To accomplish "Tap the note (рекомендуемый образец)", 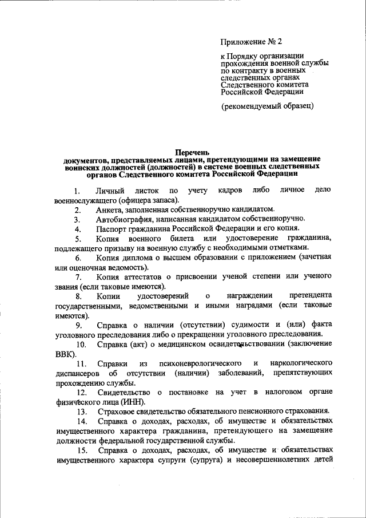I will point(268,106).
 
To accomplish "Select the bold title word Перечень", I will point(192,152).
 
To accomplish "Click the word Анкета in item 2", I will point(109,209).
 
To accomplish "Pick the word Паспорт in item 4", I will point(112,229).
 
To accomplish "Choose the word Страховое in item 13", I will point(114,412).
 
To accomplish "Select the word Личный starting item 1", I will point(109,190).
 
